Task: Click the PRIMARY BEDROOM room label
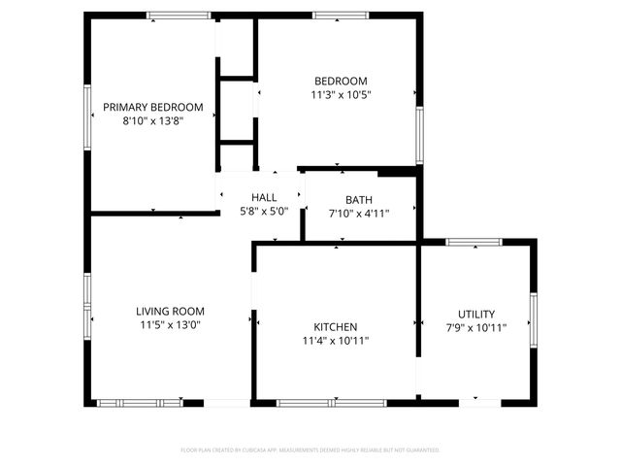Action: tap(153, 107)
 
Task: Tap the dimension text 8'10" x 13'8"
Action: tap(153, 121)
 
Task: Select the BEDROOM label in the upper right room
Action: tap(341, 81)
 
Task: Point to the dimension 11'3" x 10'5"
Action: tap(341, 95)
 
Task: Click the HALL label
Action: tap(264, 198)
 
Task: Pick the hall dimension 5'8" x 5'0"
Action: tap(264, 212)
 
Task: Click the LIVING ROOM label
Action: tap(170, 312)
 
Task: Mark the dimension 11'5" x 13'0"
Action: tap(170, 326)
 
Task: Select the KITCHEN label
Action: tap(336, 327)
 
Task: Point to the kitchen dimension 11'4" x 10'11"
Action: tap(336, 341)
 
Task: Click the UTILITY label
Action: tap(476, 314)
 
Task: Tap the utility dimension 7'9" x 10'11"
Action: tap(476, 328)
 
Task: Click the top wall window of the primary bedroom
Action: tap(179, 15)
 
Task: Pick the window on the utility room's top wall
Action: tap(474, 242)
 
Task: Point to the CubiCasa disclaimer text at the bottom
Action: tap(310, 449)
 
